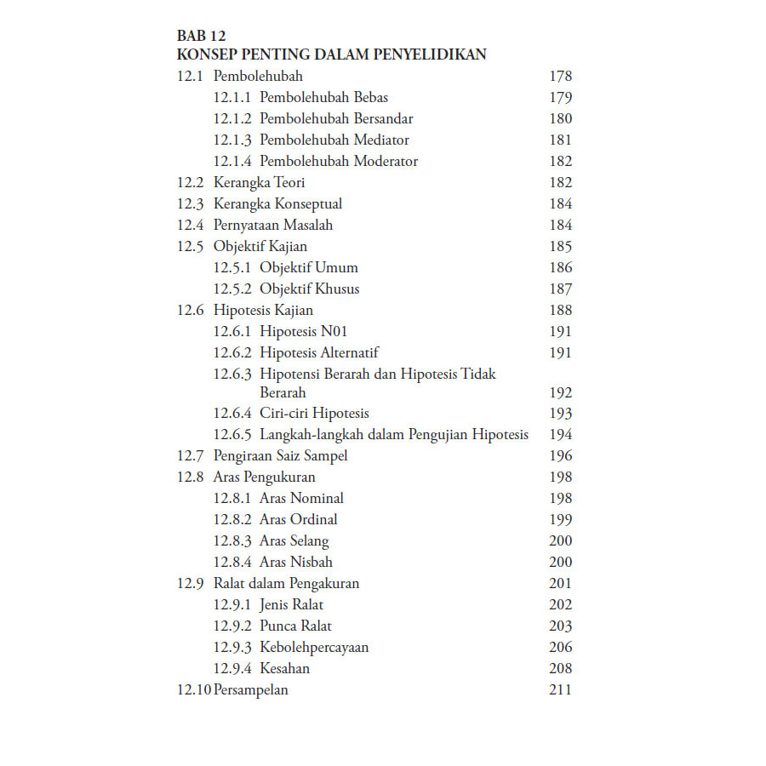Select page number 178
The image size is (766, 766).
[561, 77]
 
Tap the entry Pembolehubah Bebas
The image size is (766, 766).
[324, 98]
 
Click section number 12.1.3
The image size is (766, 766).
[232, 140]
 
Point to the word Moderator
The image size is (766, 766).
[386, 162]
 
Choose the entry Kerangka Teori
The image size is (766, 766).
[260, 183]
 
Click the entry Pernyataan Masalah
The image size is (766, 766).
[273, 226]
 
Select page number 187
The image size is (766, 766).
[561, 289]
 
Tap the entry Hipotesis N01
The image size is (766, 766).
[303, 332]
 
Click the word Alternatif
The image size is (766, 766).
[350, 353]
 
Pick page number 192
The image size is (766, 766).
[561, 393]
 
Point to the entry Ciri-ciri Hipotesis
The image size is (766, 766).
[314, 414]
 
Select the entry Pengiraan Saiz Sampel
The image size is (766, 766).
[281, 456]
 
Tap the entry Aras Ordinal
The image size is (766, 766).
[299, 520]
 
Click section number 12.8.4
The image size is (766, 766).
[232, 563]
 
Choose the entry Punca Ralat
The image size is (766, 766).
[296, 626]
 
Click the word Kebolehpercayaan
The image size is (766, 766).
[314, 648]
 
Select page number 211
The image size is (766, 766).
[561, 690]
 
